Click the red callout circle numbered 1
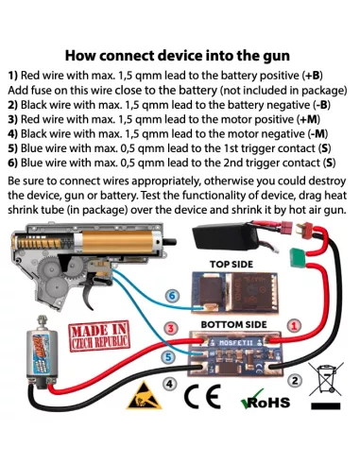coord(294,326)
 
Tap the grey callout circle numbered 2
coord(295,381)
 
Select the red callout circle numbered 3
coord(171,329)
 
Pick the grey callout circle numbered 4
coord(169,384)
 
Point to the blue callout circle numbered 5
coord(168,357)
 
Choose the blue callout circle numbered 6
coord(172,296)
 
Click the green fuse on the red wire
coord(298,257)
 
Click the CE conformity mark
coord(202,396)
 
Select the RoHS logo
coord(265,400)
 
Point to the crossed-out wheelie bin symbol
coord(326,386)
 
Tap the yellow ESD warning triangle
coord(144,396)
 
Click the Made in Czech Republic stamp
coord(99,336)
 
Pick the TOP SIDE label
coord(231,264)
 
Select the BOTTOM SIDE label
coord(233,324)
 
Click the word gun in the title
coord(276,56)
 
